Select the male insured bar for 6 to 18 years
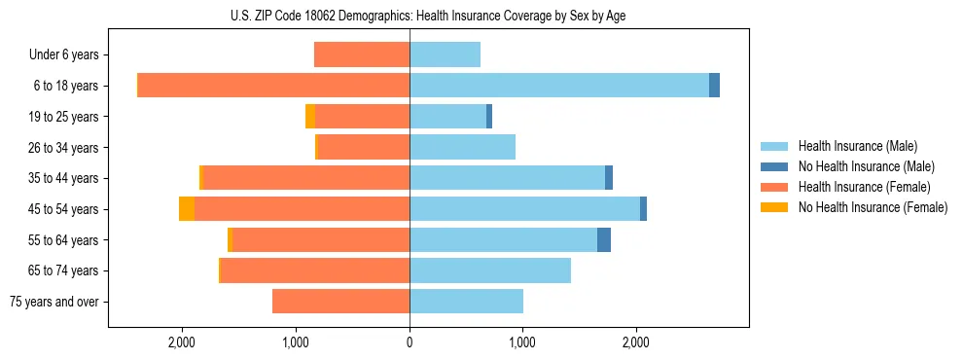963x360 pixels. point(559,86)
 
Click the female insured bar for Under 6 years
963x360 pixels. point(362,54)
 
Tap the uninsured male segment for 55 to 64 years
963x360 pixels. point(604,239)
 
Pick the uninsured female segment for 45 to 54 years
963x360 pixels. point(187,209)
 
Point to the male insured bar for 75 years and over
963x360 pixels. point(466,302)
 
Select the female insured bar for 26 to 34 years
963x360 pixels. point(364,147)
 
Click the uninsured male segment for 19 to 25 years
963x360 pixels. point(489,117)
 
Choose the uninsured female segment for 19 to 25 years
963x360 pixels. point(310,117)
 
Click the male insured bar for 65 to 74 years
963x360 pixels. point(490,270)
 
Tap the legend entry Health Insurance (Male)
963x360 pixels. point(856,146)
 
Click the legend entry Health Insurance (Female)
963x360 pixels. point(863,187)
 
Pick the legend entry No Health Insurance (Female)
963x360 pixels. point(873,207)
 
